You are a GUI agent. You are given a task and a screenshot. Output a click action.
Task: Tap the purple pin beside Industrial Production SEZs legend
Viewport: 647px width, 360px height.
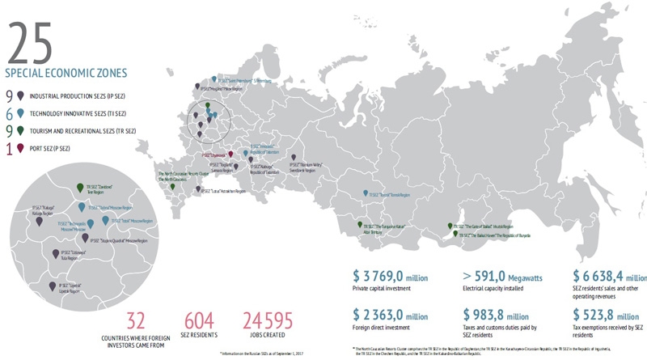(x=19, y=95)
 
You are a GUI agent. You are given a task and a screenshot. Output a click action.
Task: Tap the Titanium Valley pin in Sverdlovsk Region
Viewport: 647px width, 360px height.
(x=294, y=159)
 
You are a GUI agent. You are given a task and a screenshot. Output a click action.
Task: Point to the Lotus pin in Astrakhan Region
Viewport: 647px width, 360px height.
(x=198, y=189)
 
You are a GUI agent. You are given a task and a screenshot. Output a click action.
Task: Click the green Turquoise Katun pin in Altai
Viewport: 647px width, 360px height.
(x=357, y=226)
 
